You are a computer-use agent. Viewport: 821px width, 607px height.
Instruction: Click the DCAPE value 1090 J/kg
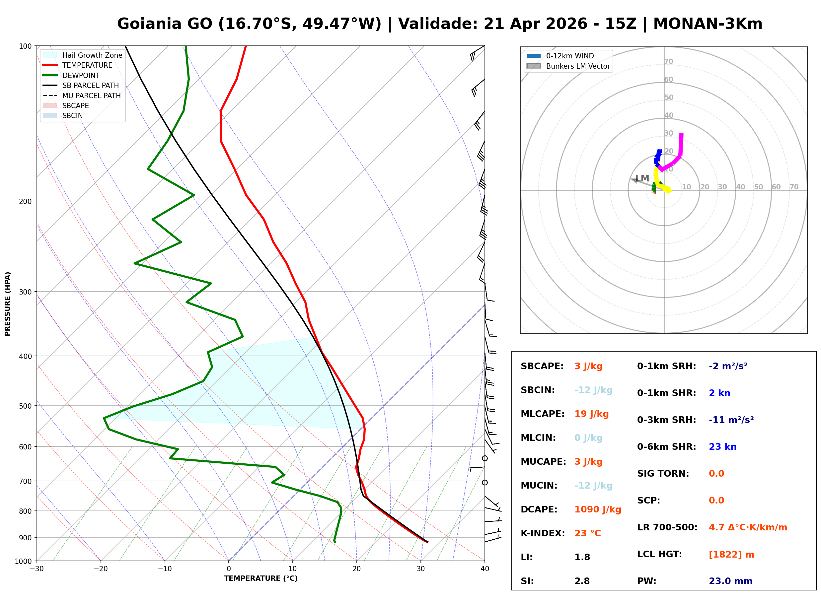[x=598, y=509]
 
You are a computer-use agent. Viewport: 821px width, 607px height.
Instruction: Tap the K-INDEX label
[x=543, y=533]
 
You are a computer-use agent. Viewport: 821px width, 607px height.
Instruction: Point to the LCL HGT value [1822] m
[x=731, y=555]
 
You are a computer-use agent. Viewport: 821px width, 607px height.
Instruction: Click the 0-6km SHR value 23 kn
[x=722, y=447]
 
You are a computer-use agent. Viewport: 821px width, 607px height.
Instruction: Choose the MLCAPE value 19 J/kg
[x=591, y=414]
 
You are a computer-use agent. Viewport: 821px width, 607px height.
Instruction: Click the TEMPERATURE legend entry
[x=87, y=65]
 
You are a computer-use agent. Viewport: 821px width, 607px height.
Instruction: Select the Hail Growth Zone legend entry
[x=92, y=55]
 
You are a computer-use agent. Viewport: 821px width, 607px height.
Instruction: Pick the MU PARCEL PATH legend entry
[x=91, y=96]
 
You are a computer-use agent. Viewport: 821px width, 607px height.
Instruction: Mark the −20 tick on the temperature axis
[x=100, y=569]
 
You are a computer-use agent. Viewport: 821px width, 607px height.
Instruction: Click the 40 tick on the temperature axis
[x=485, y=569]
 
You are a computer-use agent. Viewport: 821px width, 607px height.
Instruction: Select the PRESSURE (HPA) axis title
[x=8, y=304]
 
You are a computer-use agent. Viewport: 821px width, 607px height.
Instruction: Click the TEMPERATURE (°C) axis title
[x=261, y=578]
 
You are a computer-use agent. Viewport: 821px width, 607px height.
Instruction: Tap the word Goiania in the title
[x=150, y=24]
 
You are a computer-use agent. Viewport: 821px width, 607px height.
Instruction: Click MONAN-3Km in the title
[x=708, y=24]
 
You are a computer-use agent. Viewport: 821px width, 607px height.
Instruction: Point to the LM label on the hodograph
[x=642, y=178]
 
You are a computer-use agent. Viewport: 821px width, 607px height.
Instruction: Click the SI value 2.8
[x=582, y=581]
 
